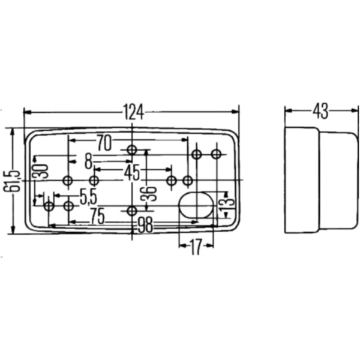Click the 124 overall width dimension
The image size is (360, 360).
[x=133, y=112]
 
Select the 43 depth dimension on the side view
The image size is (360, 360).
[x=320, y=111]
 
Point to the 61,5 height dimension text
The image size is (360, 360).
[x=11, y=181]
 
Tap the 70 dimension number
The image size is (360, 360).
[x=104, y=142]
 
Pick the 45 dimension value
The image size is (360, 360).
[x=132, y=173]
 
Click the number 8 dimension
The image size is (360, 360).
[x=88, y=161]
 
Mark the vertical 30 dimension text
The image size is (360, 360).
[x=40, y=172]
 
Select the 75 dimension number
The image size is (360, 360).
[x=97, y=216]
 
